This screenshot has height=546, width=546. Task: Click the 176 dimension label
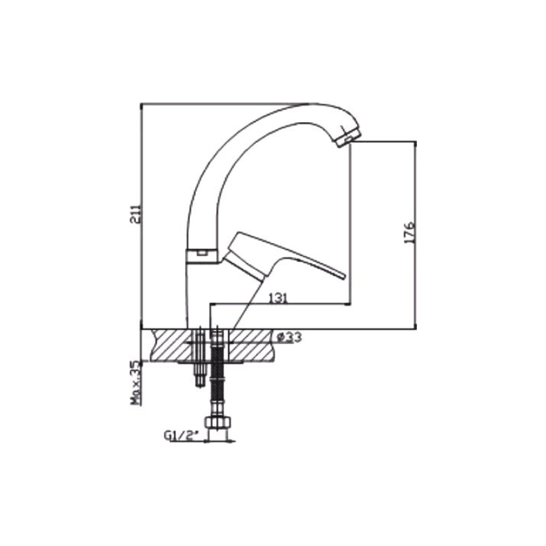[x=409, y=232]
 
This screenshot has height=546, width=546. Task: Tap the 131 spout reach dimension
[x=278, y=298]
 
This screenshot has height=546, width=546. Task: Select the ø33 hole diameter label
[x=289, y=337]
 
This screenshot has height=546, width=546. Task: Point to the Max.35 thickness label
[x=135, y=383]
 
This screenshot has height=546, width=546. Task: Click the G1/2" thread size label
[x=181, y=435]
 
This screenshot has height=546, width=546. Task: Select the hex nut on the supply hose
[x=218, y=422]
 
